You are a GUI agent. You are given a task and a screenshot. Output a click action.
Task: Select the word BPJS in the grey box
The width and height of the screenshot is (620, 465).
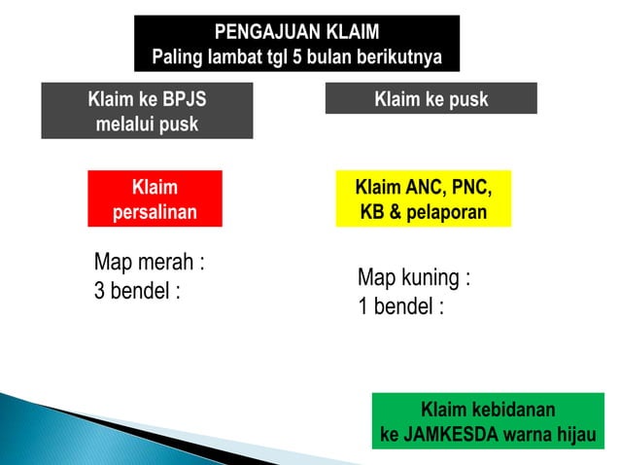click(182, 99)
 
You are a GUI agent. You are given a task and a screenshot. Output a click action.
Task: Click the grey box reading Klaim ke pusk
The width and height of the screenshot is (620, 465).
click(431, 99)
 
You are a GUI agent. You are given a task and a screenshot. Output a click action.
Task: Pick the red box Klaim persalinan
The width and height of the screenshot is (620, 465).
click(155, 198)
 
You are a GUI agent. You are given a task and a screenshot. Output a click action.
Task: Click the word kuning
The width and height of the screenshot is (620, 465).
click(432, 277)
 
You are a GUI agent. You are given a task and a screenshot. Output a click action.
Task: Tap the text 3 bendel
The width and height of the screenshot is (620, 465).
click(137, 291)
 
